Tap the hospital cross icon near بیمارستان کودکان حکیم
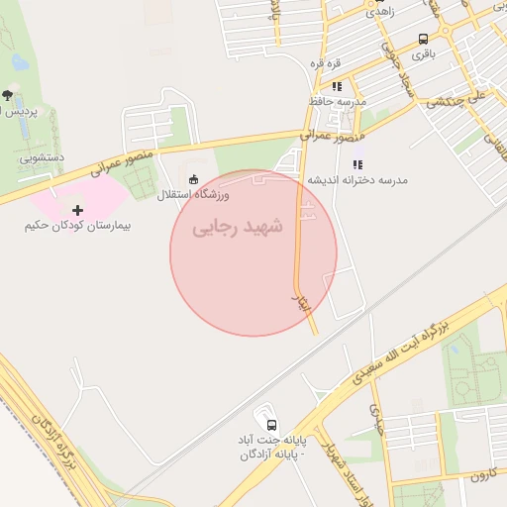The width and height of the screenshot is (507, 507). [78, 209]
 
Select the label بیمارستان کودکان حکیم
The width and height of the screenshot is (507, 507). [78, 226]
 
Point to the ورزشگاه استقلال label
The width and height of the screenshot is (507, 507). [193, 194]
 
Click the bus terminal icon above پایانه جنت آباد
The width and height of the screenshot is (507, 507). [264, 419]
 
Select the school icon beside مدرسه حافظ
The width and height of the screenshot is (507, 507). [337, 86]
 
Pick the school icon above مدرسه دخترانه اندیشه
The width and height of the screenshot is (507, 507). [356, 164]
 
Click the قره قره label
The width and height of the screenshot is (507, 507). [326, 64]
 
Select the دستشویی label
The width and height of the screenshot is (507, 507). [42, 156]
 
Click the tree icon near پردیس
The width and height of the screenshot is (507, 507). [8, 95]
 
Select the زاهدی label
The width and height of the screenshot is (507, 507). [380, 12]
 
